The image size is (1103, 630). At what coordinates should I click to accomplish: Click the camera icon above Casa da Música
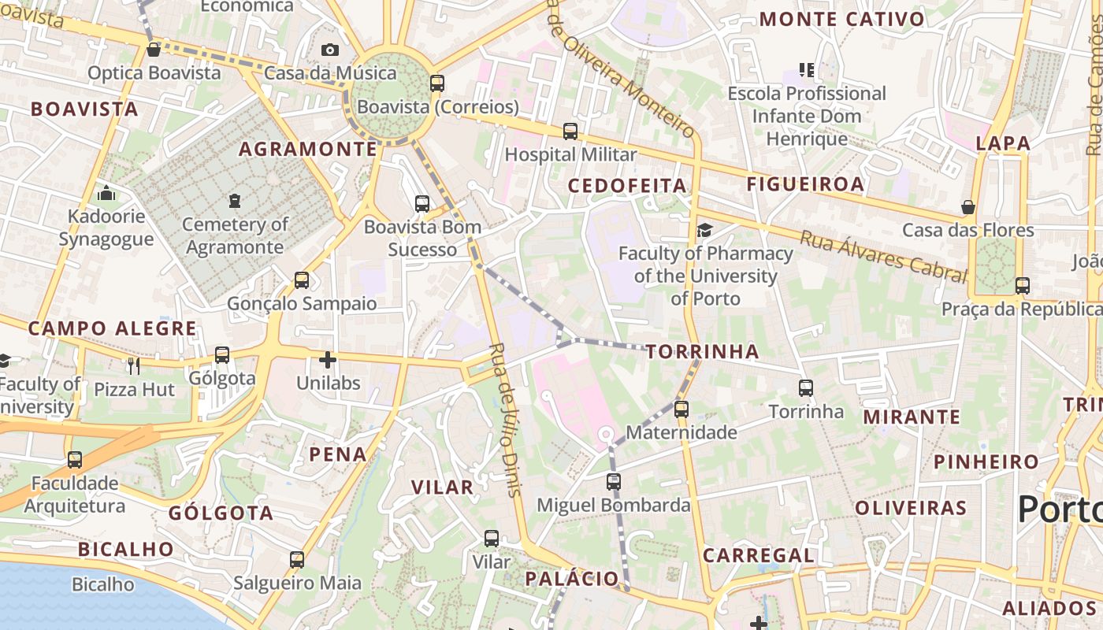pyautogui.click(x=330, y=50)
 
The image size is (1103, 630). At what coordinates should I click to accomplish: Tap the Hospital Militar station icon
pyautogui.click(x=570, y=132)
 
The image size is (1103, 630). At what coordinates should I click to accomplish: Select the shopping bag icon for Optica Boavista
pyautogui.click(x=154, y=50)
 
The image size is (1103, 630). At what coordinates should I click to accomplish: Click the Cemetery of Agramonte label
pyautogui.click(x=235, y=235)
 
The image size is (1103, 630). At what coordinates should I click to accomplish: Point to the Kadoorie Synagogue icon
pyautogui.click(x=106, y=193)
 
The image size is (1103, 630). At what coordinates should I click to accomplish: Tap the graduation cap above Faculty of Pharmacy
pyautogui.click(x=704, y=230)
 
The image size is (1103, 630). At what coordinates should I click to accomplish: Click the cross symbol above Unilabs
pyautogui.click(x=328, y=361)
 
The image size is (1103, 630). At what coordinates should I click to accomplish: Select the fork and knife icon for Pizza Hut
pyautogui.click(x=134, y=365)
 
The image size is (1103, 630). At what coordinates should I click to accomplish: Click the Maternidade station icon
pyautogui.click(x=681, y=409)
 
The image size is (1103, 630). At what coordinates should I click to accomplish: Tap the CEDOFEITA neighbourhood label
pyautogui.click(x=627, y=186)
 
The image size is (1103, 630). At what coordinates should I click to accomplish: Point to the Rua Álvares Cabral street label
pyautogui.click(x=883, y=255)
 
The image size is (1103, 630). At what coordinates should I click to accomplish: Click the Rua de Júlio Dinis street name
pyautogui.click(x=505, y=419)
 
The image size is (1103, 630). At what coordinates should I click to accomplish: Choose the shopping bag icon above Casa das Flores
pyautogui.click(x=968, y=207)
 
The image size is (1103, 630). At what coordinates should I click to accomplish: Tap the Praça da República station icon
pyautogui.click(x=1023, y=285)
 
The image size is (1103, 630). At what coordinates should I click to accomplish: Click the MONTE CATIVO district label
pyautogui.click(x=841, y=20)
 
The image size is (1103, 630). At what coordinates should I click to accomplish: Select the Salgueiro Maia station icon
pyautogui.click(x=297, y=560)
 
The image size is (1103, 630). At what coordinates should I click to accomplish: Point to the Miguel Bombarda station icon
pyautogui.click(x=614, y=481)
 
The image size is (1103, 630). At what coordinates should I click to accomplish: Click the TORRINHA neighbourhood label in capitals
pyautogui.click(x=703, y=352)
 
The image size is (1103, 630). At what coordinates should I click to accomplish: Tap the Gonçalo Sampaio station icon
pyautogui.click(x=302, y=280)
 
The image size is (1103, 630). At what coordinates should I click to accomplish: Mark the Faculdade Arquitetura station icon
pyautogui.click(x=75, y=459)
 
